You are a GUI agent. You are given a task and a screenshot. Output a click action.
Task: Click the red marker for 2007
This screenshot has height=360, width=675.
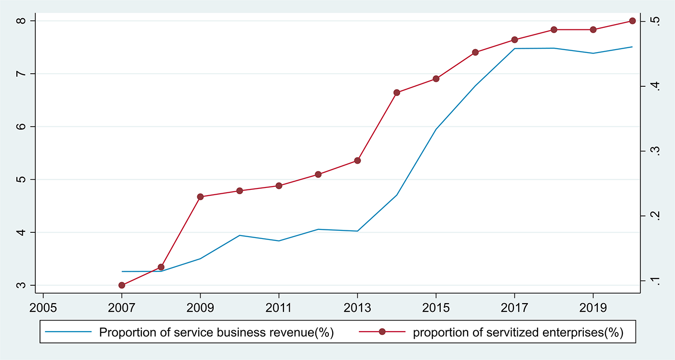pos(121,285)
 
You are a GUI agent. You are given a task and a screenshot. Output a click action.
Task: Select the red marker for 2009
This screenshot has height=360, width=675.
pos(200,197)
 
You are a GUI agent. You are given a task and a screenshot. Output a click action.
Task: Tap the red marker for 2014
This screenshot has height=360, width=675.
pos(397,93)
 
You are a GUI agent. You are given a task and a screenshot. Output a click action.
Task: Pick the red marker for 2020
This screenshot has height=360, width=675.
pos(633,21)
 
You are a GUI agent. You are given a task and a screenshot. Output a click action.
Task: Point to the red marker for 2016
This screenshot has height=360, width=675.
pos(475,52)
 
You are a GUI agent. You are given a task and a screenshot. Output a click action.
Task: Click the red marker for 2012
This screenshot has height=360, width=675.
pos(318,174)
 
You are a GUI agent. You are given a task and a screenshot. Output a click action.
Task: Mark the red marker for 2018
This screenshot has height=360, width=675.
pos(554,30)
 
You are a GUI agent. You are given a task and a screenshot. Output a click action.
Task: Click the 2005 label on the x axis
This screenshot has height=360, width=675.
pos(43,307)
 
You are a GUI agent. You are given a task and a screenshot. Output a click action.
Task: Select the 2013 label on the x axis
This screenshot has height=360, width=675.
pos(357,307)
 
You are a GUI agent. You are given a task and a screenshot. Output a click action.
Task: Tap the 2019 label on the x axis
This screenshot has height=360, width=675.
pos(593,307)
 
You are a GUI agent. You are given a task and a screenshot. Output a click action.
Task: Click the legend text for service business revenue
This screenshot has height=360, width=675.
pos(216,332)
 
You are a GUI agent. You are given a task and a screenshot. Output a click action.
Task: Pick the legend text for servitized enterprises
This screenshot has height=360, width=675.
pos(518,332)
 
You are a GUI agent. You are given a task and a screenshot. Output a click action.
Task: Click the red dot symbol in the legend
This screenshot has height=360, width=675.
pos(382,332)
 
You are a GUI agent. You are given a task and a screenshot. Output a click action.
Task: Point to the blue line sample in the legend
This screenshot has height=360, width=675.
pos(68,332)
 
